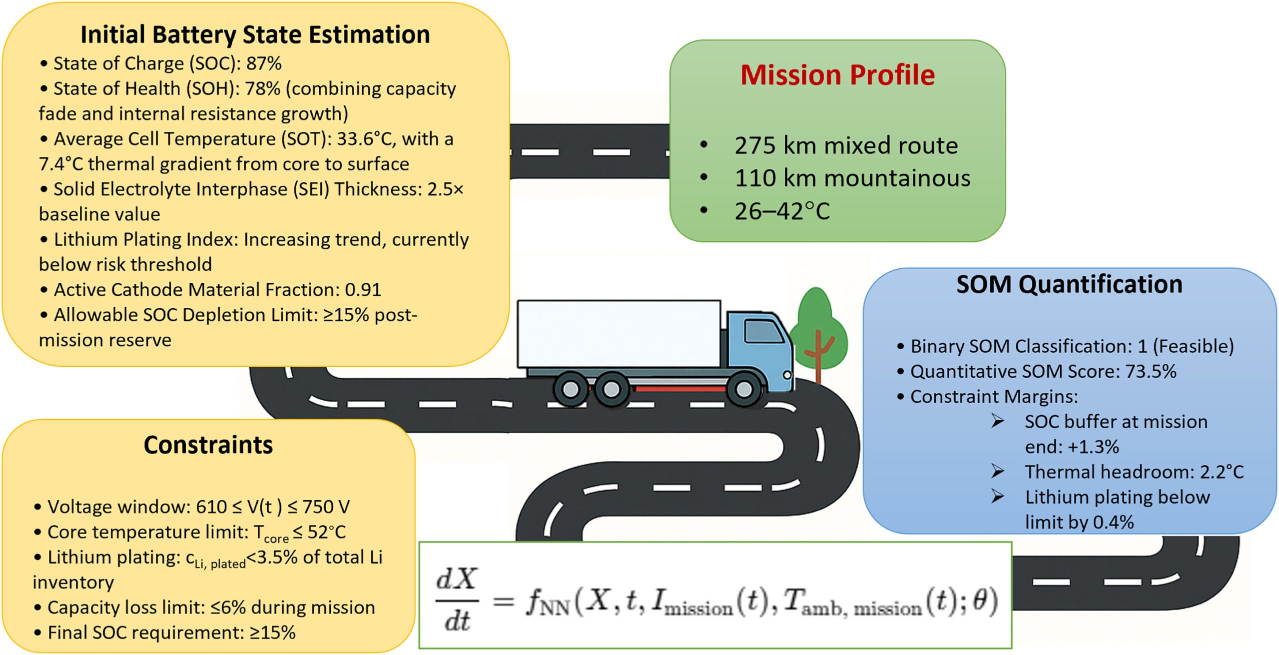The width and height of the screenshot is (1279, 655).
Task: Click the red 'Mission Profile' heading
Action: pyautogui.click(x=837, y=75)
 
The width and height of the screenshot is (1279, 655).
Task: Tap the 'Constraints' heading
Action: pyautogui.click(x=208, y=445)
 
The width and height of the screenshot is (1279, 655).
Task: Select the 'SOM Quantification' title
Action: pyautogui.click(x=1069, y=284)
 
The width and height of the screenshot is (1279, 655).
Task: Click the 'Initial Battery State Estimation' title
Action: pyautogui.click(x=255, y=34)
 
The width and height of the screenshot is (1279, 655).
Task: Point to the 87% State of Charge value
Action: pyautogui.click(x=264, y=63)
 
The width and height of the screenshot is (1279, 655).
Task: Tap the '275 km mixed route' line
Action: pyautogui.click(x=846, y=145)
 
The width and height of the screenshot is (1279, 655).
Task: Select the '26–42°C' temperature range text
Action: pyautogui.click(x=782, y=211)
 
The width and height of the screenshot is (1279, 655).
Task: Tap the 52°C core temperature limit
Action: pyautogui.click(x=326, y=532)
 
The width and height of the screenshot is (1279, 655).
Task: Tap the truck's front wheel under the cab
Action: pyautogui.click(x=743, y=388)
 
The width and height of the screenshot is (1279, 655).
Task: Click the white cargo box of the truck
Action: pyautogui.click(x=619, y=334)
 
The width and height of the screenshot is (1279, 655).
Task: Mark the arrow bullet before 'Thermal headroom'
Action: pyautogui.click(x=998, y=471)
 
